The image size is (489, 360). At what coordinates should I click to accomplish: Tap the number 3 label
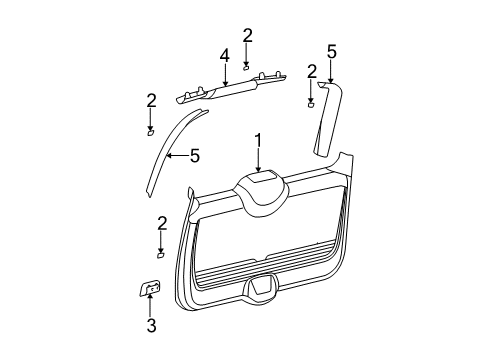[151, 325]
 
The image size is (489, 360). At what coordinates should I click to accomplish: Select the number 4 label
[226, 55]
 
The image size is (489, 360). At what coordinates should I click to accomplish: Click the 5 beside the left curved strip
[195, 155]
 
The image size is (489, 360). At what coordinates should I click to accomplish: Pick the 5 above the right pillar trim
[330, 50]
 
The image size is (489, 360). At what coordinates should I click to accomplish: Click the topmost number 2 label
[247, 36]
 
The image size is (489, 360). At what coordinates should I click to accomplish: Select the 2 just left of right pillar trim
[312, 70]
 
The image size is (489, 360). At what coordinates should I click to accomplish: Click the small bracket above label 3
[150, 289]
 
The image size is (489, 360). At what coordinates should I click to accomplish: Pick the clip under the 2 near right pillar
[311, 102]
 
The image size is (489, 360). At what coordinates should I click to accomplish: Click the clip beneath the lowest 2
[160, 254]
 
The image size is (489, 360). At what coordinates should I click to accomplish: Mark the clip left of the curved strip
[150, 131]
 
